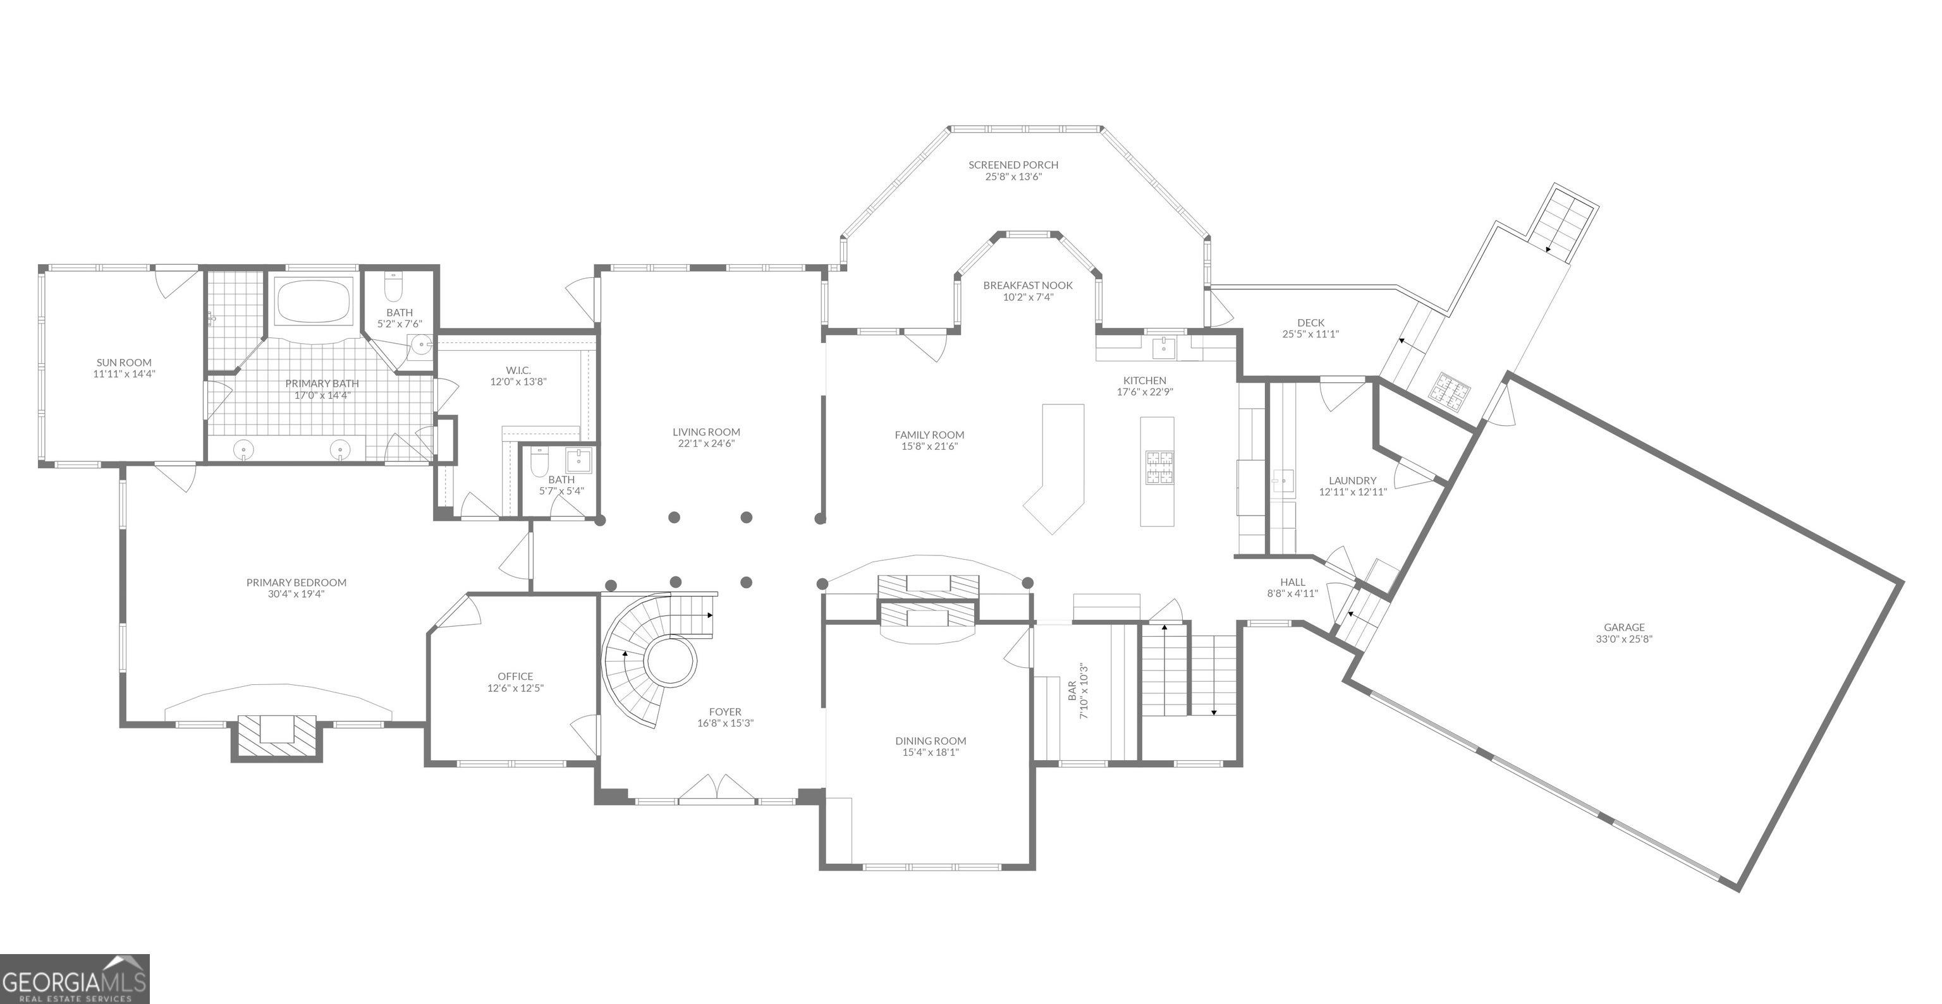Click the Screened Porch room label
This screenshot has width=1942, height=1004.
1013,165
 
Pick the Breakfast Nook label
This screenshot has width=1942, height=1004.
1027,286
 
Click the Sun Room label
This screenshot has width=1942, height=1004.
124,363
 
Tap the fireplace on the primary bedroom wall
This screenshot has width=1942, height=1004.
277,737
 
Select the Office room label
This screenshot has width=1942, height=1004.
515,677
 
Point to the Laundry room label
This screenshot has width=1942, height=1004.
1352,481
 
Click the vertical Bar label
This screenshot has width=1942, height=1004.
1072,692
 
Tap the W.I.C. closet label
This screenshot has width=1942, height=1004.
518,370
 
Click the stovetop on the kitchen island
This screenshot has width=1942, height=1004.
1159,466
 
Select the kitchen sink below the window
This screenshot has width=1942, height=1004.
1164,347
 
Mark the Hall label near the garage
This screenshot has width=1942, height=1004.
1292,582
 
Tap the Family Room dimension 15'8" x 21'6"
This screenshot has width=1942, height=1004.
929,446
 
